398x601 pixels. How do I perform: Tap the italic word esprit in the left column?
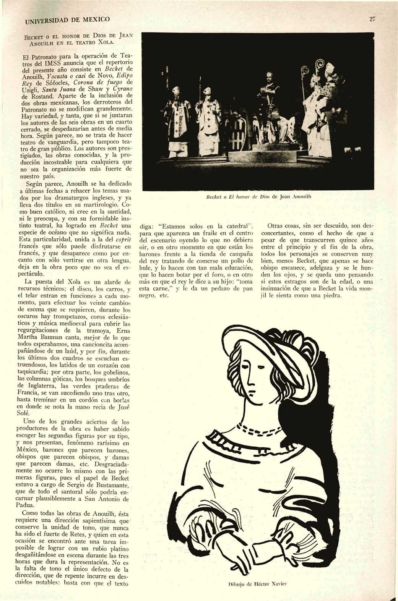123,240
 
